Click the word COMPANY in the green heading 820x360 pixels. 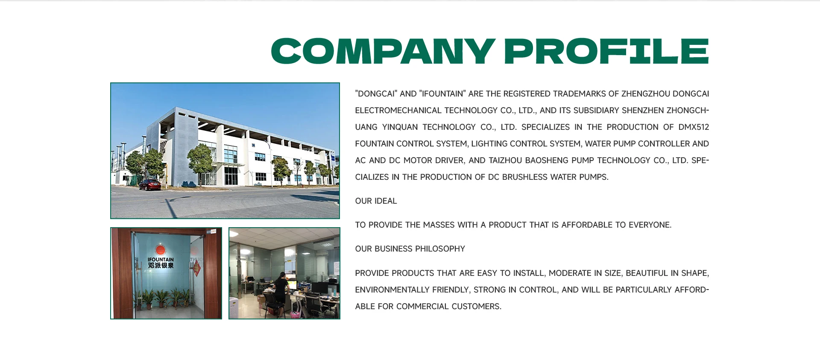tap(383, 51)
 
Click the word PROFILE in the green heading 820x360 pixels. tap(606, 51)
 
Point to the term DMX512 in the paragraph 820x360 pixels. tap(694, 127)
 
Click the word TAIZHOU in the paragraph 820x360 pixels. tap(505, 161)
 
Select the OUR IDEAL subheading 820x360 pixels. tap(376, 201)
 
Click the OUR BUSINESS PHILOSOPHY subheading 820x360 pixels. tap(410, 249)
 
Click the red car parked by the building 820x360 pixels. tap(150, 185)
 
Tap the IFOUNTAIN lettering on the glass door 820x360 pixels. tap(161, 260)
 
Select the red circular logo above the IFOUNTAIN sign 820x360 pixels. tap(160, 250)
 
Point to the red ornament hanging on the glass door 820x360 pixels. tap(196, 268)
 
